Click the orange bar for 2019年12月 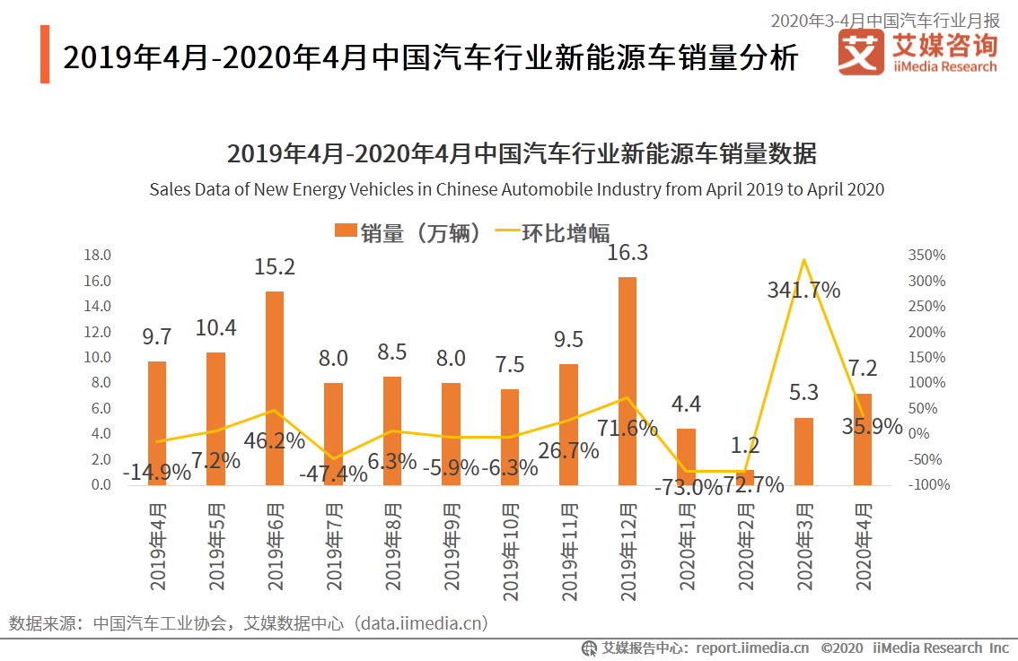point(627,380)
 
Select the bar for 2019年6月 point(275,387)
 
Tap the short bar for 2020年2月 point(745,477)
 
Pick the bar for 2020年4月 point(862,439)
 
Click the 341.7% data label point(803,290)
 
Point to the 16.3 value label point(627,253)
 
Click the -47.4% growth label point(333,474)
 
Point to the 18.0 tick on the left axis point(97,256)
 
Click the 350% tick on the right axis point(926,256)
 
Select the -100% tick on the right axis point(925,485)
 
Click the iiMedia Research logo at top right point(917,52)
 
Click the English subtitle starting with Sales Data point(516,189)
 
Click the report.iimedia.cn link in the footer point(751,648)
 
